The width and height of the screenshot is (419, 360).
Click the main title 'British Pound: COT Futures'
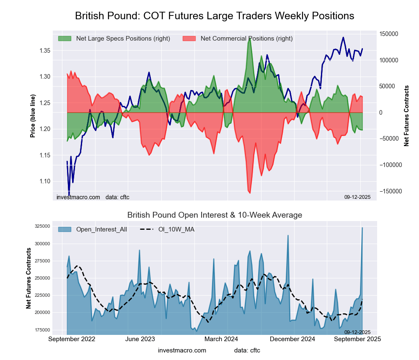coord(215,16)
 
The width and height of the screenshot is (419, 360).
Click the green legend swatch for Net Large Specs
coord(65,39)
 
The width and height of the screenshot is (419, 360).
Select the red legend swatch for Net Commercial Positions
coord(189,39)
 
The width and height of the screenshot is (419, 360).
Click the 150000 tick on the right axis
coord(388,34)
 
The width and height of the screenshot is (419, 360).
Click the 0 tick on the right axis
coord(381,113)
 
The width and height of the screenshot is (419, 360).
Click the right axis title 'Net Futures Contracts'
coord(406,116)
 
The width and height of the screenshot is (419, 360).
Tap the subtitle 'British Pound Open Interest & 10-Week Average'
coord(215,215)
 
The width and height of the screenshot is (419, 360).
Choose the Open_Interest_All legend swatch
coord(65,229)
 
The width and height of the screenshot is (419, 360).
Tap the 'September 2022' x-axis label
coord(72,339)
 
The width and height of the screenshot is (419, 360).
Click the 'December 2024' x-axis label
coord(295,339)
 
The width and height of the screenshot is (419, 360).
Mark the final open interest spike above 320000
coord(362,228)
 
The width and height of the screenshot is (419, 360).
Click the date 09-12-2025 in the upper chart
coord(357,197)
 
